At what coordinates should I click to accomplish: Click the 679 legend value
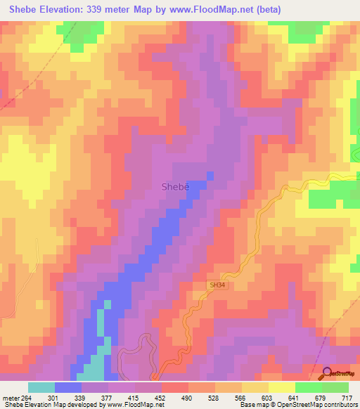[x=321, y=398]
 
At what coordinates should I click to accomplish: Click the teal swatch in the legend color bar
[x=41, y=387]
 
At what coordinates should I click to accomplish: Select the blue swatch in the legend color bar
[x=68, y=387]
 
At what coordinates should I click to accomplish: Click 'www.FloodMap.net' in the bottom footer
[x=134, y=405]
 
